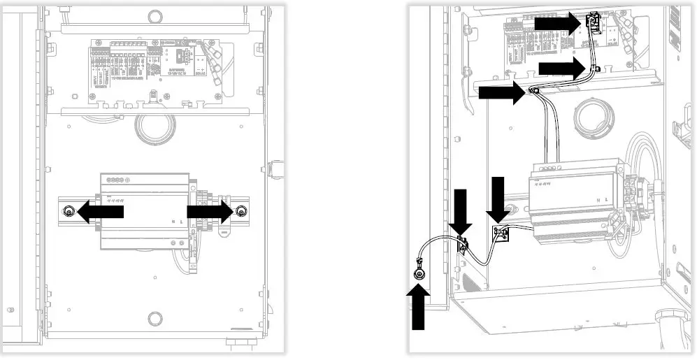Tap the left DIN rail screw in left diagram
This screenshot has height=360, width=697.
click(69, 213)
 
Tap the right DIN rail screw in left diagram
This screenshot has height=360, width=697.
click(241, 213)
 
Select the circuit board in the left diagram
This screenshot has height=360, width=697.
click(155, 69)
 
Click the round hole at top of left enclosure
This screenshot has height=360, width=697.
click(154, 14)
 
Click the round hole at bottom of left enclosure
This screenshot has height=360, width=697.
click(154, 319)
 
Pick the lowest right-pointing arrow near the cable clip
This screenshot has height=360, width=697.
click(501, 92)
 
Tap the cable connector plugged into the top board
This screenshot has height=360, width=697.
click(594, 25)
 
